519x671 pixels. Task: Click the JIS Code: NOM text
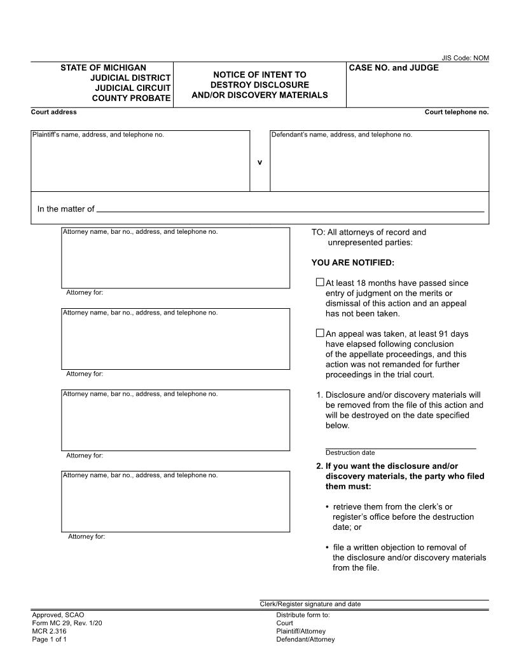tap(465, 58)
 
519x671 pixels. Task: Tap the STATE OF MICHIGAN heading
tap(103, 67)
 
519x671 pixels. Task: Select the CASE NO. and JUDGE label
tap(394, 67)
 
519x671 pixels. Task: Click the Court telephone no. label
tap(457, 112)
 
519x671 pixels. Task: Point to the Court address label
tap(54, 112)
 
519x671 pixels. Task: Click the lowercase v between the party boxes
tap(259, 162)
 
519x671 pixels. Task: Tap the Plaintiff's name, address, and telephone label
tap(98, 135)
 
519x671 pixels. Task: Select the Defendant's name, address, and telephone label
tap(342, 135)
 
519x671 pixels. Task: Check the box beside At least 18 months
tap(320, 282)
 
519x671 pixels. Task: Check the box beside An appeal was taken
tap(320, 333)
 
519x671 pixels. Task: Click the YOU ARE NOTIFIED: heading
tap(352, 262)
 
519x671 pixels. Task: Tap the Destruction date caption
tap(350, 453)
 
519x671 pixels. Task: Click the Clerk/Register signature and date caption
tap(310, 604)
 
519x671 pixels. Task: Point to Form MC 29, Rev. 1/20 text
tap(67, 623)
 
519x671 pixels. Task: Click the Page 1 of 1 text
tap(49, 639)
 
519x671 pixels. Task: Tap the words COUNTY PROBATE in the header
tap(131, 98)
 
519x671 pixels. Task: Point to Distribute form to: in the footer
tap(303, 615)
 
